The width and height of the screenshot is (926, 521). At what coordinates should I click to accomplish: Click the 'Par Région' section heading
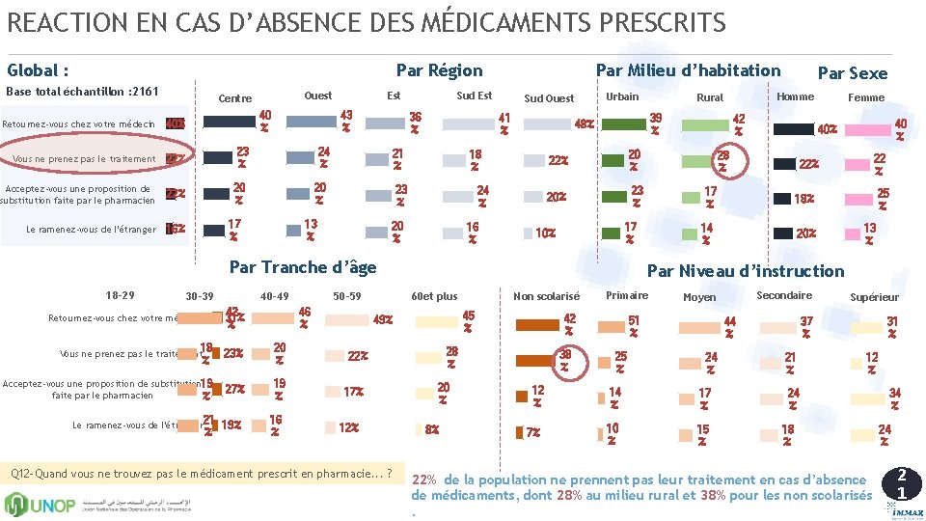coord(439,69)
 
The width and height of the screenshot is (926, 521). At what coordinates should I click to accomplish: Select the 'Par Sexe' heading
coord(852,73)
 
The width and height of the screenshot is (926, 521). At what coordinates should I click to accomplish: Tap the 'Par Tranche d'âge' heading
coord(302,266)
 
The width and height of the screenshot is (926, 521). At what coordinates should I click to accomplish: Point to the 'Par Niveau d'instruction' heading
coord(745,271)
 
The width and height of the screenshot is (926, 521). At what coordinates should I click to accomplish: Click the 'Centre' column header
coord(234,98)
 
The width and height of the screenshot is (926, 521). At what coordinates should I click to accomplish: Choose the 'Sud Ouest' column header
coord(548,98)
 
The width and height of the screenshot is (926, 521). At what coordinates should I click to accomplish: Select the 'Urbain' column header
coord(621,96)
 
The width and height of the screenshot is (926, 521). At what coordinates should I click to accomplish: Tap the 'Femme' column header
coord(865,97)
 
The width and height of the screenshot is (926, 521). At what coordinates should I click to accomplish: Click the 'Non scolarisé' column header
coord(546,296)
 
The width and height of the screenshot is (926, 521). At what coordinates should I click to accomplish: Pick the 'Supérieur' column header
coord(874,297)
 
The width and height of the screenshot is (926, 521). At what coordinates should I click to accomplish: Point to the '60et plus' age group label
coord(434,296)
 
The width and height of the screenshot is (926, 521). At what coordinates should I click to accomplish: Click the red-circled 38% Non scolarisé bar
coord(537,360)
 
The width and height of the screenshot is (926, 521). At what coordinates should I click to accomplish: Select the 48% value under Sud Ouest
coord(584,124)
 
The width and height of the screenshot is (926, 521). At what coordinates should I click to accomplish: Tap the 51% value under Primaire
coord(633,325)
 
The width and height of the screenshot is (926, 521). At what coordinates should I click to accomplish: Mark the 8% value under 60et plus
coord(431,429)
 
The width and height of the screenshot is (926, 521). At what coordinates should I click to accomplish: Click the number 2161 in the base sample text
coord(141,92)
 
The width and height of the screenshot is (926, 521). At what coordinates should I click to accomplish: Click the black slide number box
coord(901,483)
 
